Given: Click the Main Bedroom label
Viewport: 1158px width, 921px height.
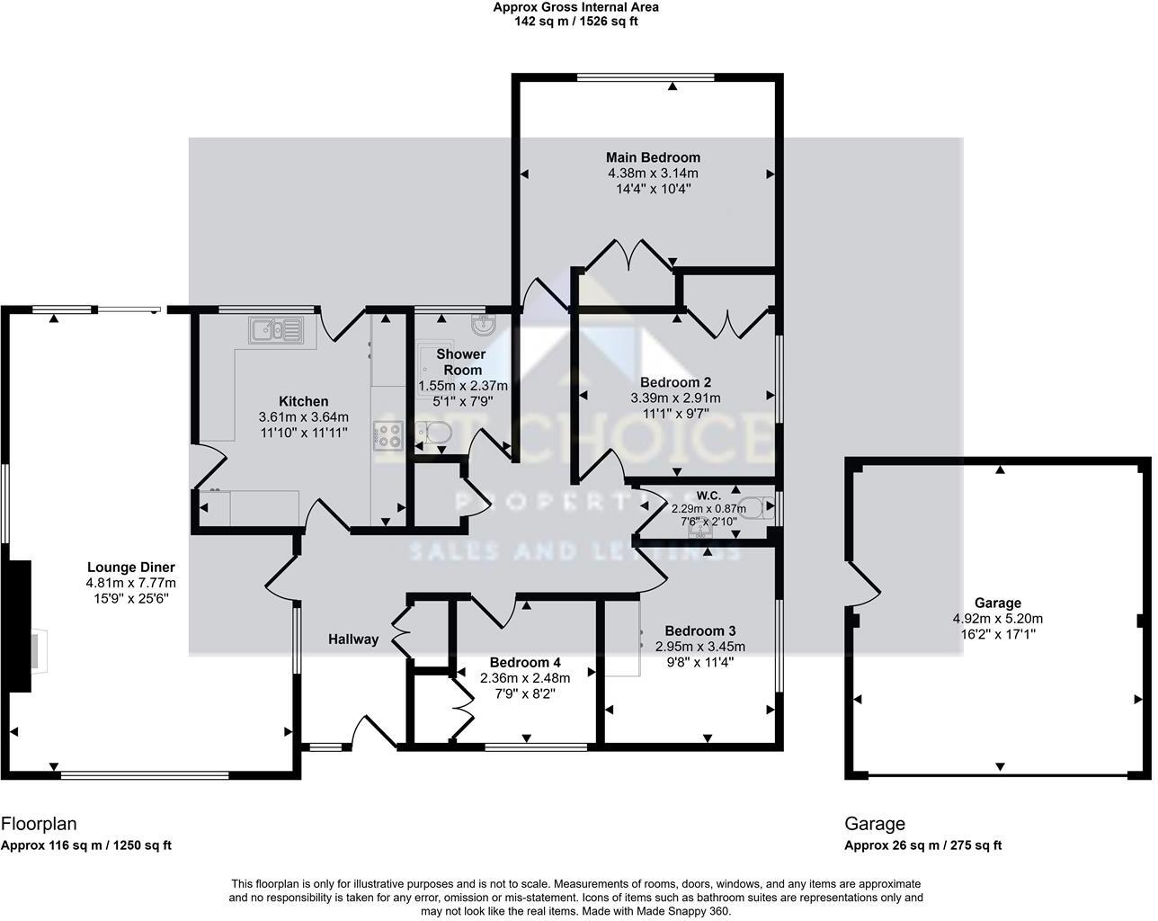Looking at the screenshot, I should [x=653, y=157].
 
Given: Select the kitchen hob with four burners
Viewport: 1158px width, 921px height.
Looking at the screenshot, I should [x=388, y=435].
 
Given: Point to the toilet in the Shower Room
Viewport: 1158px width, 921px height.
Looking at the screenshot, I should [x=436, y=434].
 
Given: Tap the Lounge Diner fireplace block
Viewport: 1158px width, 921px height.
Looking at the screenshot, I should [x=20, y=626].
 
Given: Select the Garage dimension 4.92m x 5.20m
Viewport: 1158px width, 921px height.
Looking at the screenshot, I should [x=997, y=619].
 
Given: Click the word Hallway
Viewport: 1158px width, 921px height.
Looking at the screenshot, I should [x=352, y=639].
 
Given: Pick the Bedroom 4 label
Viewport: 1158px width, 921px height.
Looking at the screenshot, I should [x=525, y=663].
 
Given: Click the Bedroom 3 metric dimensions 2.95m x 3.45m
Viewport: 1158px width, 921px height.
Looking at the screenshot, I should [x=700, y=647].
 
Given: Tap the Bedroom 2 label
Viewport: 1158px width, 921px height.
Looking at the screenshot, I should [x=675, y=382].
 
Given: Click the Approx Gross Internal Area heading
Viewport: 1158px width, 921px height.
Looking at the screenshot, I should [x=576, y=7].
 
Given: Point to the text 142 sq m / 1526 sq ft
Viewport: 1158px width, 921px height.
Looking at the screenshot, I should [x=576, y=22].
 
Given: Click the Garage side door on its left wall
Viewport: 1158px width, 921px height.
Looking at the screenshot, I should [x=861, y=585].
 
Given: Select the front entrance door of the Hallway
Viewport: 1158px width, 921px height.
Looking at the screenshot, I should [x=372, y=732].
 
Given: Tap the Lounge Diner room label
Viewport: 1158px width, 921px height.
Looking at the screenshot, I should [x=131, y=568].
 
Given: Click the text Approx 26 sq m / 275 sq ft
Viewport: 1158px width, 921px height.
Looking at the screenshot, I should [x=922, y=845].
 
